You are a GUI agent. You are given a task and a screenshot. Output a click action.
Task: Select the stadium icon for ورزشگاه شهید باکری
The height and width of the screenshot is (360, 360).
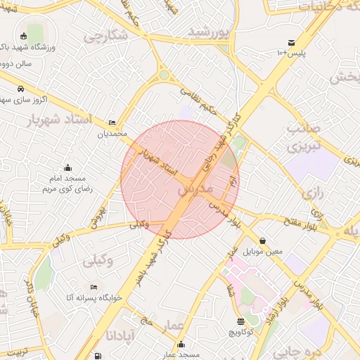point(24,36)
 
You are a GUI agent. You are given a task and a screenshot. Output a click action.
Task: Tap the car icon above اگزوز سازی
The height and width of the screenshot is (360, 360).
point(21,89)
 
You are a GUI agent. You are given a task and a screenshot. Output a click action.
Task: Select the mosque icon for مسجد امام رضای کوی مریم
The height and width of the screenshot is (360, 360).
point(67,167)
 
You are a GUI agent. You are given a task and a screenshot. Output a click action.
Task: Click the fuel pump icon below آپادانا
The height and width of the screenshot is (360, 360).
point(97,356)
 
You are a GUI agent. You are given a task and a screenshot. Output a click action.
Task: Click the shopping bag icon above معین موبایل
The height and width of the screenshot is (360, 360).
point(262,240)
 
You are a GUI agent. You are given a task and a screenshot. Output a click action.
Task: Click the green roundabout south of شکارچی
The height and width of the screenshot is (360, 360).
point(164,74)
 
